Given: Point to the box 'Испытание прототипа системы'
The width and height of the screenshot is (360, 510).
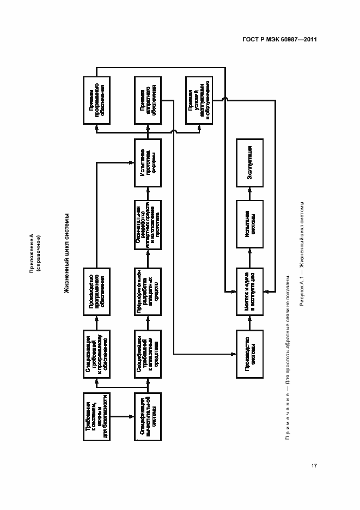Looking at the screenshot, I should (x=147, y=162).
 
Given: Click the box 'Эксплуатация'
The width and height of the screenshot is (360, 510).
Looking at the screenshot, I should (x=249, y=162).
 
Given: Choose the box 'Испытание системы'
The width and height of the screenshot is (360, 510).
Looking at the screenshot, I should (x=249, y=224).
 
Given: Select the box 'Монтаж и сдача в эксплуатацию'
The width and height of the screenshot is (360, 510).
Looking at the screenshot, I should (x=249, y=292).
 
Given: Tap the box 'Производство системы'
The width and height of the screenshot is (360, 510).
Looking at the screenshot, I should (x=249, y=354).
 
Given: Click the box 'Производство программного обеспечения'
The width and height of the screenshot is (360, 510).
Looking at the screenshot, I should (x=96, y=292).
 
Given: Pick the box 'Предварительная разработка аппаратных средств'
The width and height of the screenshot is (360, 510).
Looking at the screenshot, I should (x=147, y=292).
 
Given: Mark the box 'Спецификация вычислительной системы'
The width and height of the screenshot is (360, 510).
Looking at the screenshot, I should (x=147, y=416).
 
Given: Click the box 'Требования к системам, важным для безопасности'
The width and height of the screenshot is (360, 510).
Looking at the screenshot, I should (x=96, y=416).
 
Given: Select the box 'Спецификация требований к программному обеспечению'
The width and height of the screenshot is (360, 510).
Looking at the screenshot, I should (x=96, y=354).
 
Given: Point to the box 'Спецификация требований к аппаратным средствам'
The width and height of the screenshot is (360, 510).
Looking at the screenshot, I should (x=147, y=354).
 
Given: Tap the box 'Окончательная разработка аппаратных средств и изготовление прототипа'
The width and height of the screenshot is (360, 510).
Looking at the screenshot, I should (x=147, y=224).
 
